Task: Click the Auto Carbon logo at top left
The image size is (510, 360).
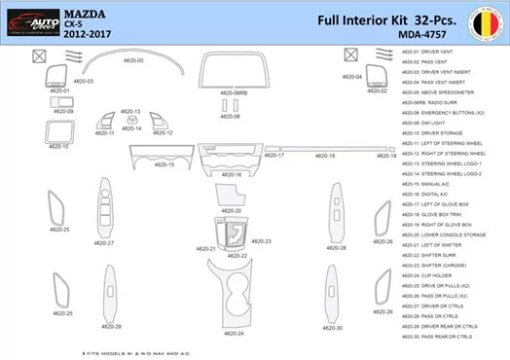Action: point(30,20)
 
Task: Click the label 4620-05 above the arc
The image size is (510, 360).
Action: point(133,60)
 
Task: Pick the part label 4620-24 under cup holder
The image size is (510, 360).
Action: point(234,334)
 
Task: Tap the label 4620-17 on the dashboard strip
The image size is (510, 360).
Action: point(274,156)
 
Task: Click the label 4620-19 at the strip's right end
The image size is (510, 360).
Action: point(387,156)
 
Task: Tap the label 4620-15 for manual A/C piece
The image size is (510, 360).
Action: point(164,164)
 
